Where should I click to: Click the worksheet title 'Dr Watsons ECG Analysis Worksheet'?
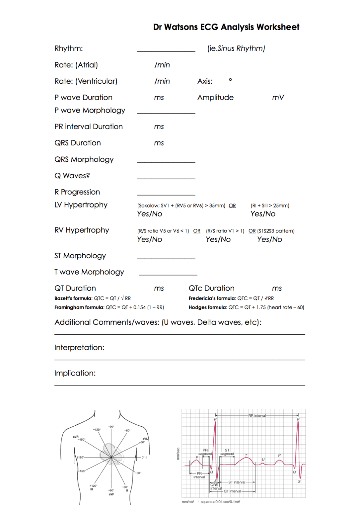pyautogui.click(x=226, y=27)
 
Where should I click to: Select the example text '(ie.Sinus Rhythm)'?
pyautogui.click(x=236, y=48)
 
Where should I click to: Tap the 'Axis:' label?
pyautogui.click(x=205, y=81)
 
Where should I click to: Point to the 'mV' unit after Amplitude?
pyautogui.click(x=278, y=98)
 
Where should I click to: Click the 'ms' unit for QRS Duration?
pyautogui.click(x=159, y=143)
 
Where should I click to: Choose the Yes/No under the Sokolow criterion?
pyautogui.click(x=150, y=214)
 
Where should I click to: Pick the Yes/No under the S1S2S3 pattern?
pyautogui.click(x=269, y=240)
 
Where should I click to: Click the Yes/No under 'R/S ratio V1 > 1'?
pyautogui.click(x=218, y=240)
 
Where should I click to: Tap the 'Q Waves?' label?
pyautogui.click(x=72, y=176)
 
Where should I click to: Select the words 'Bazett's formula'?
pyautogui.click(x=73, y=298)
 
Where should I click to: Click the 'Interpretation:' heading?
pyautogui.click(x=79, y=348)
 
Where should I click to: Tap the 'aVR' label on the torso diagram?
pyautogui.click(x=76, y=437)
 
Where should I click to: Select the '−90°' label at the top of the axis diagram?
pyautogui.click(x=111, y=427)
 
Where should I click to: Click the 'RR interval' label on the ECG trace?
pyautogui.click(x=257, y=415)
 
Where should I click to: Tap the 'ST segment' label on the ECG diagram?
pyautogui.click(x=227, y=452)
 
